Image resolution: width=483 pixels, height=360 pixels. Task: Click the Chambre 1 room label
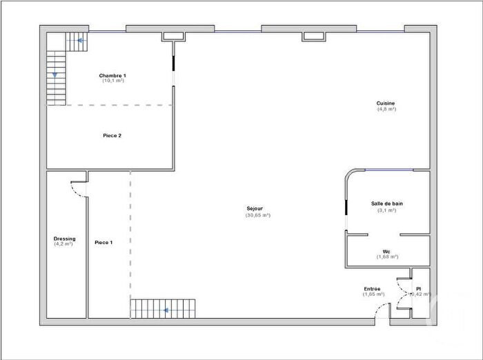point(112,75)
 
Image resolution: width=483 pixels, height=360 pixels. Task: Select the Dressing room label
point(64,239)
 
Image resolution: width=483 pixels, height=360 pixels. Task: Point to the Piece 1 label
point(103,242)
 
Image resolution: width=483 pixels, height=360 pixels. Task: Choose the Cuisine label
point(386,103)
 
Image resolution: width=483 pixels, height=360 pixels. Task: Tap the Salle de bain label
point(386,204)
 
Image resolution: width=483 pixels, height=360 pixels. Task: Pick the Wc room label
point(387,251)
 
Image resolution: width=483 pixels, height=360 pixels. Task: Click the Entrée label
point(372,288)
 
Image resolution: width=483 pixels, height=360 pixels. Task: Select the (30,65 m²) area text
point(257,215)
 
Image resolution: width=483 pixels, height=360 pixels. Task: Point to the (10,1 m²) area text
point(112,81)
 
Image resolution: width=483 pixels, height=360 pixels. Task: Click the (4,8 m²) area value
point(386,110)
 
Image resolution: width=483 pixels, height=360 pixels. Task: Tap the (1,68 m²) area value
point(387,257)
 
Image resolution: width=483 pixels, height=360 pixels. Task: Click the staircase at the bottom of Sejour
point(163,308)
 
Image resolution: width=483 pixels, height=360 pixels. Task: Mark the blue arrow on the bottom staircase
point(166,310)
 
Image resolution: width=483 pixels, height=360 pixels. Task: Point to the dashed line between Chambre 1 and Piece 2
point(110,106)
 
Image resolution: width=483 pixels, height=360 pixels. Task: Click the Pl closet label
point(418,288)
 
